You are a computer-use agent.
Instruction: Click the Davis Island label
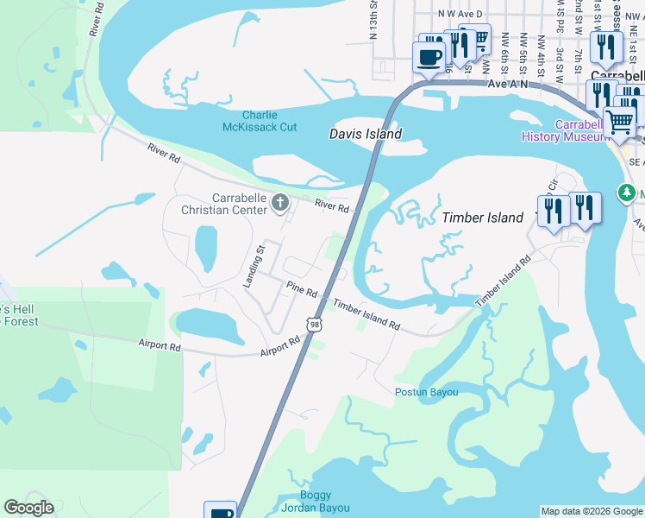coord(366,134)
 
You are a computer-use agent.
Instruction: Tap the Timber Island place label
coord(482,218)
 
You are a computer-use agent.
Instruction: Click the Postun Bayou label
coord(426,392)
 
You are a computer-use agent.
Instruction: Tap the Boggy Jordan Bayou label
coord(324,502)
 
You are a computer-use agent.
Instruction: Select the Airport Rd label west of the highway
coord(160,345)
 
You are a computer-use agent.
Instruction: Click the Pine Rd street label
coord(303,290)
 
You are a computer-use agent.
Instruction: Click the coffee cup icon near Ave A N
coord(429,58)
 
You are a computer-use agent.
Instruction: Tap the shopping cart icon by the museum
coord(619,123)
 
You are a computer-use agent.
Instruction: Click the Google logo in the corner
coord(28,508)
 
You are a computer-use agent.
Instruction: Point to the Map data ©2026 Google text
coord(591,511)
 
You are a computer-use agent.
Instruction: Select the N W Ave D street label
coord(460,14)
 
